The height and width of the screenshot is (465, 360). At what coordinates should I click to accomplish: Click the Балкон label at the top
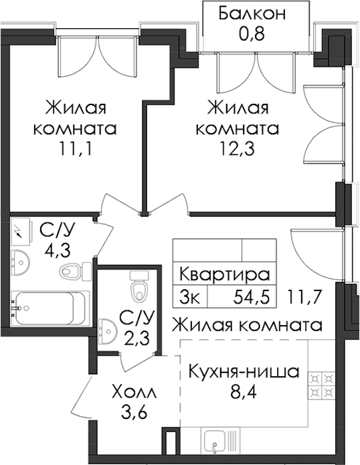tap(252, 14)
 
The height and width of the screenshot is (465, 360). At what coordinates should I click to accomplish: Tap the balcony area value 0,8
tap(251, 34)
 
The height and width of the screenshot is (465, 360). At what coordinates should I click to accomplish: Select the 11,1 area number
tap(76, 149)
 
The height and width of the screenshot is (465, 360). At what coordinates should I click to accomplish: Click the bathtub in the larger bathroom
tap(50, 308)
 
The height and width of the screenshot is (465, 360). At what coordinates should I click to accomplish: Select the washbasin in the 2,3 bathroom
tap(107, 332)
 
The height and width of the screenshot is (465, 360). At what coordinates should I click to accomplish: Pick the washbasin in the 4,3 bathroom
tap(20, 261)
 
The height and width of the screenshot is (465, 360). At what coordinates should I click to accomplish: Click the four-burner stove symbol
tap(320, 385)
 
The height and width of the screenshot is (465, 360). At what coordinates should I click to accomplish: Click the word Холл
tap(133, 392)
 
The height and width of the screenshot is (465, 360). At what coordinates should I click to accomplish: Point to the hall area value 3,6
tap(134, 412)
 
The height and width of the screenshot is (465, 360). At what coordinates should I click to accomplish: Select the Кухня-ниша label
tap(244, 372)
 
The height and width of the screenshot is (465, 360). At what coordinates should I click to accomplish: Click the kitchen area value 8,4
tap(243, 392)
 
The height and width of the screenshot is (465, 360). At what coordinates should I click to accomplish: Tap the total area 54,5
tap(251, 298)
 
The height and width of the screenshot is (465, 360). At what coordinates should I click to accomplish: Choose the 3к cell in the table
tap(190, 298)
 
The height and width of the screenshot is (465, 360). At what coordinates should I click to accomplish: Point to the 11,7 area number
tap(305, 298)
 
